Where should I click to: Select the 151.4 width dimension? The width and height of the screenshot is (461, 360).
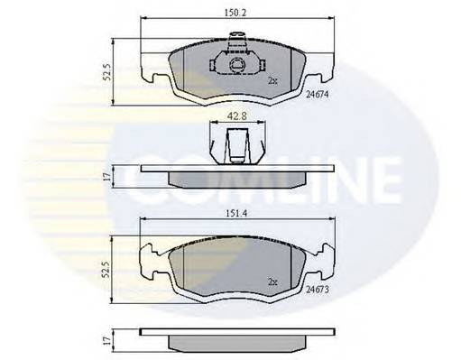point(237,213)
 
